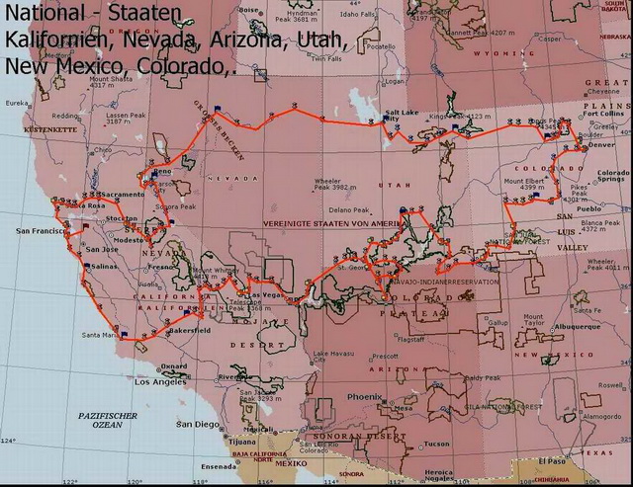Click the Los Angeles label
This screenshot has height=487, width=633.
[x=163, y=381]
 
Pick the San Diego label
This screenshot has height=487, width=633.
[x=195, y=424]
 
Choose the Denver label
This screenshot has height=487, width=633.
[x=601, y=145]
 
